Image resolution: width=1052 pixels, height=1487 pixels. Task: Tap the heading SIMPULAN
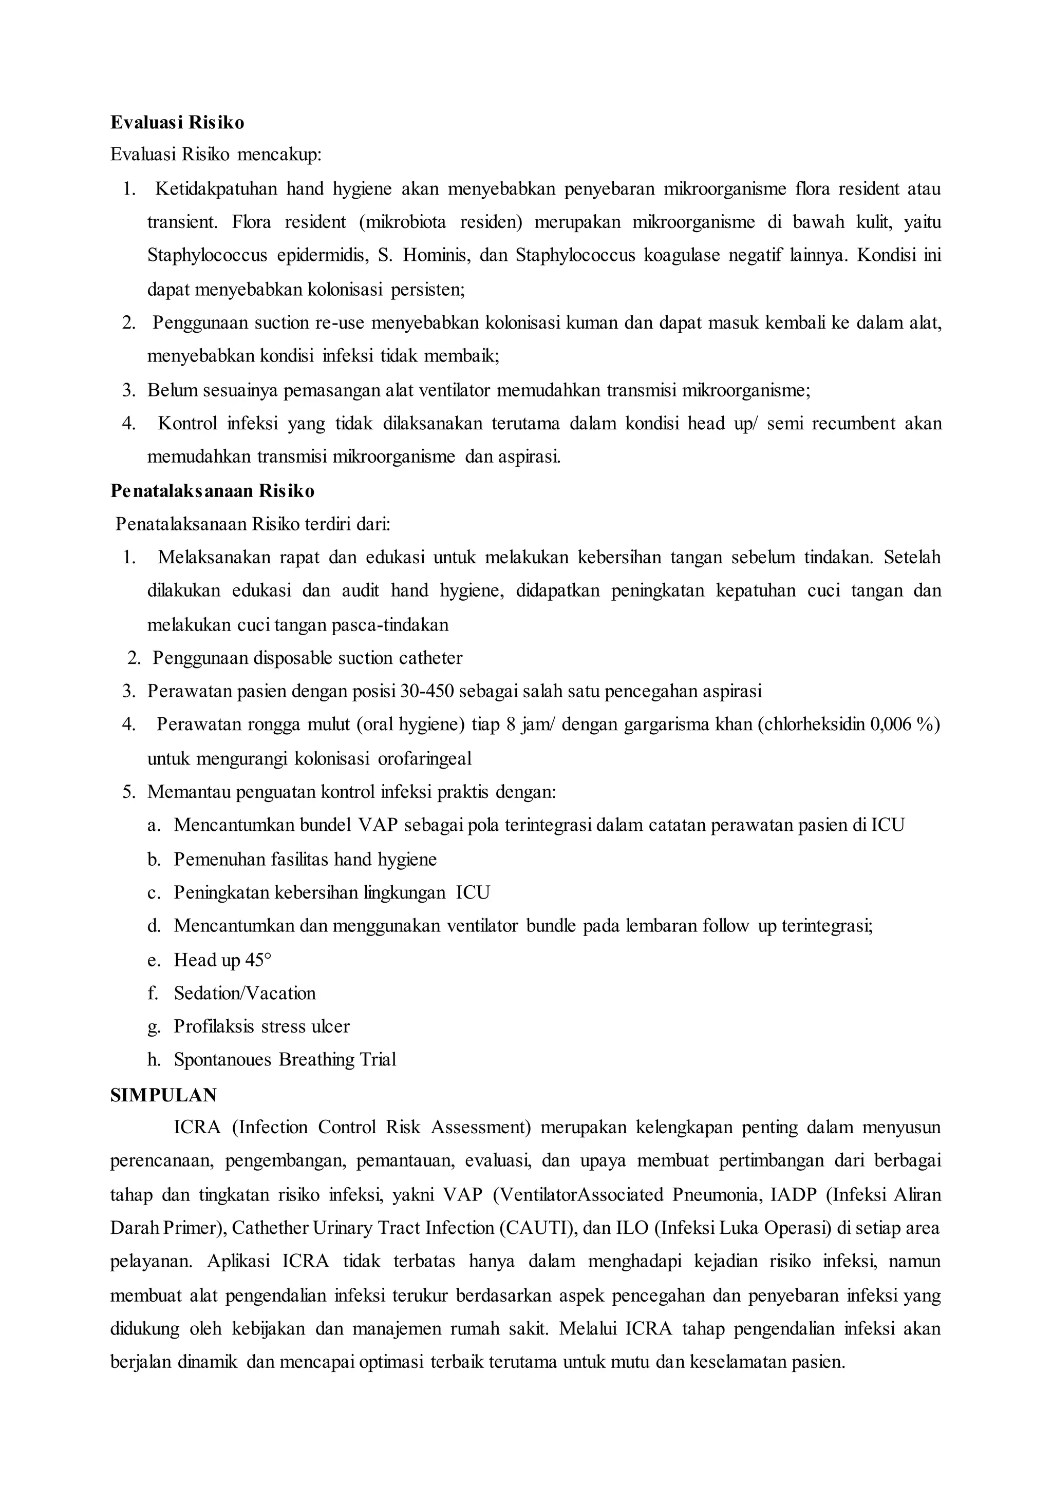[x=163, y=1095]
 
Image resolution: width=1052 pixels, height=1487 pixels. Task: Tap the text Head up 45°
[x=222, y=960]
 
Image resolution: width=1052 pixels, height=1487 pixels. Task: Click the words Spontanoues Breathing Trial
[x=285, y=1060]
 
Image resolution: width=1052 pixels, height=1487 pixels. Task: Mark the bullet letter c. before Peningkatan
[x=153, y=892]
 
